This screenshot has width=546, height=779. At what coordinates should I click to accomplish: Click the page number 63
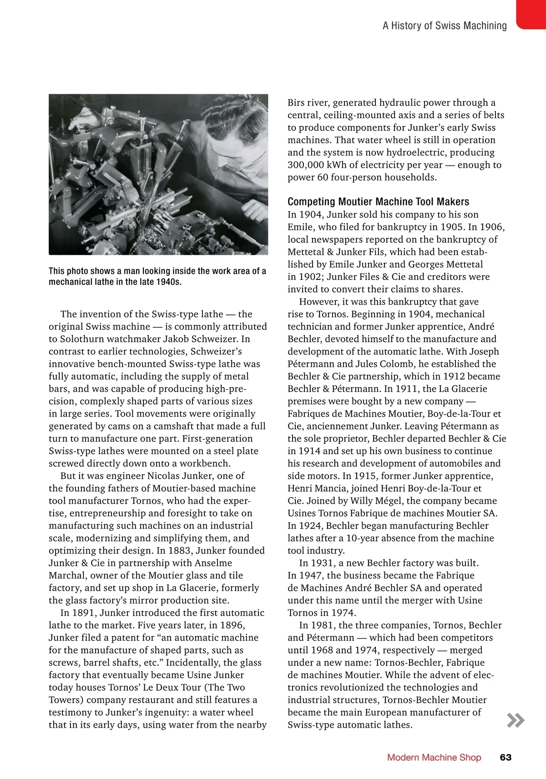506,757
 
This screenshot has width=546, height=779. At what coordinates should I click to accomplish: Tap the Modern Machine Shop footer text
434,757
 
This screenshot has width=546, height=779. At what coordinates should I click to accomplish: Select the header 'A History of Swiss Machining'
445,25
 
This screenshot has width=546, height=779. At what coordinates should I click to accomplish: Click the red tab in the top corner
531,14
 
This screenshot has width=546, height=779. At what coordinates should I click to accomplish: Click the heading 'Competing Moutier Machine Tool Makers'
378,201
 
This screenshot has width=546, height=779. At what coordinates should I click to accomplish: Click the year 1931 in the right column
323,563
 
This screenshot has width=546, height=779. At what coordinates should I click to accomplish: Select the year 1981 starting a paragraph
323,625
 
